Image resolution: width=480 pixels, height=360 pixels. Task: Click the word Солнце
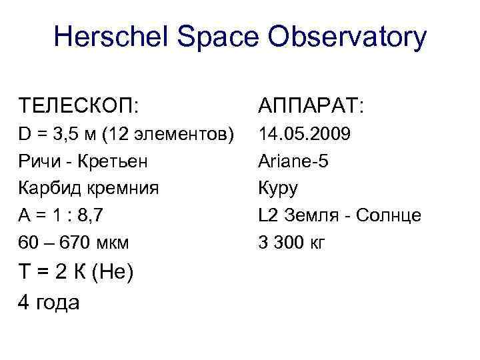(x=389, y=215)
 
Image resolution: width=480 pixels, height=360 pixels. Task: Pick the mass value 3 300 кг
(x=291, y=242)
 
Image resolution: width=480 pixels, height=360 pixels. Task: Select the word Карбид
(x=46, y=189)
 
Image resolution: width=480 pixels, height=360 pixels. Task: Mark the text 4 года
(x=50, y=302)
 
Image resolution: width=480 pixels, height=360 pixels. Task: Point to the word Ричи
(x=39, y=162)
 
